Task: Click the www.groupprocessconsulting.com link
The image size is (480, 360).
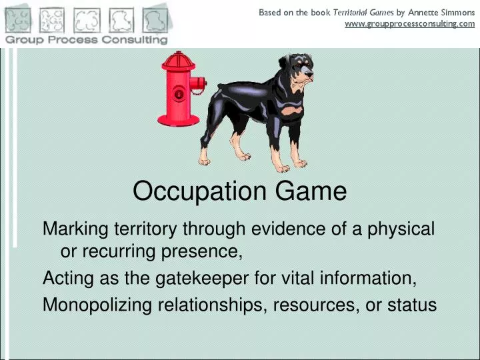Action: pos(409,23)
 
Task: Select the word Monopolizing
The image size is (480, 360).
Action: pos(97,305)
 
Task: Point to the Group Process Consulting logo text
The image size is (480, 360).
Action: pos(87,39)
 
